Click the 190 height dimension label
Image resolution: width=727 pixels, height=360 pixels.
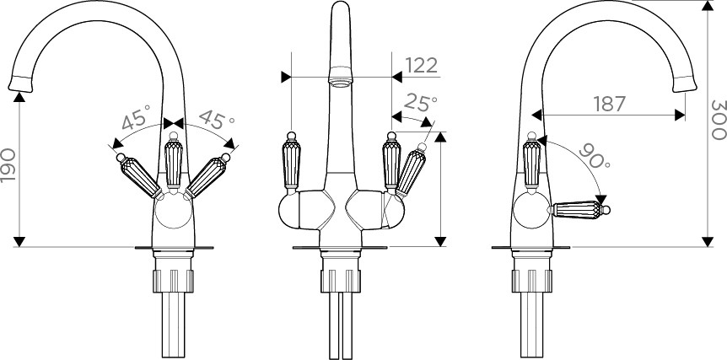(x=8, y=165)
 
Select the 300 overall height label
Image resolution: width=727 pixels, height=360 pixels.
(x=719, y=120)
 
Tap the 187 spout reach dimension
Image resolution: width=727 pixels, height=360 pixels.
(x=610, y=105)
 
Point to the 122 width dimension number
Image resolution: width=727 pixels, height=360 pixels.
(x=422, y=66)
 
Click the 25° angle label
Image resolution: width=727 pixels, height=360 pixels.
(x=420, y=103)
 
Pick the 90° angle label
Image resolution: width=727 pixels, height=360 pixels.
(x=594, y=156)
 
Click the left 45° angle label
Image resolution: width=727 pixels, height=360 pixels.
(x=137, y=116)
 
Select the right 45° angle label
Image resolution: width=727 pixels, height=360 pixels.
(x=216, y=120)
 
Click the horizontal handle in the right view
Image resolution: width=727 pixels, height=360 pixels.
(x=580, y=210)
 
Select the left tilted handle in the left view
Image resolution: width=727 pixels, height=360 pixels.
(x=139, y=175)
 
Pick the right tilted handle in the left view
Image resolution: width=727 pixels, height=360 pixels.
(x=207, y=175)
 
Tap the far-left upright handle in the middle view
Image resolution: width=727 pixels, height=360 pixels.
(x=291, y=163)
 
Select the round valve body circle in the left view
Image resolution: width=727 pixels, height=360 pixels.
(x=174, y=211)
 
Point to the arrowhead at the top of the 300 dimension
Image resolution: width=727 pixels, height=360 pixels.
(x=708, y=5)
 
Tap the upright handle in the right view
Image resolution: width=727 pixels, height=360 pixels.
(x=532, y=162)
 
